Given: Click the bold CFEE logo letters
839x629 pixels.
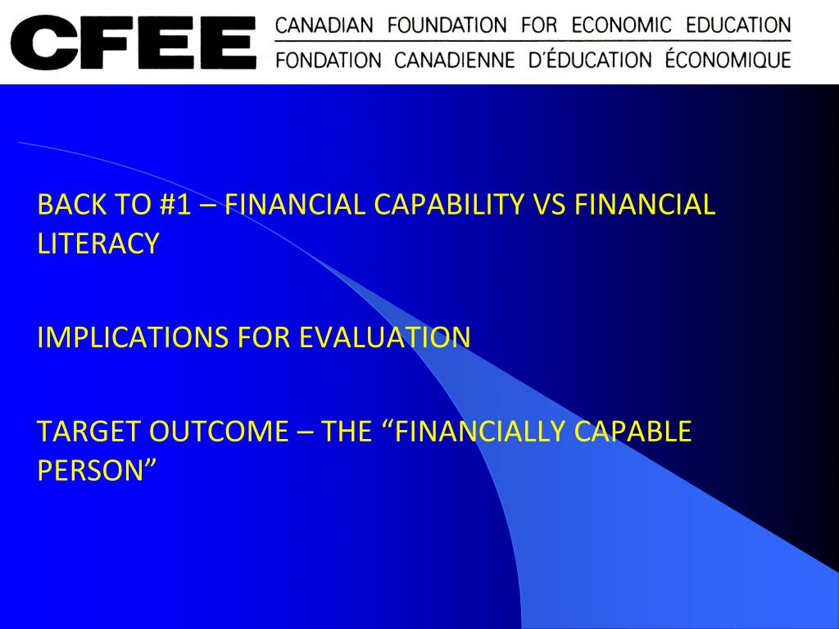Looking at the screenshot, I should [x=133, y=42].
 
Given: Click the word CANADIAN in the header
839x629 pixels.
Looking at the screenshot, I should [x=324, y=25].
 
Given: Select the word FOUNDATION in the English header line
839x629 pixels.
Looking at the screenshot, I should [x=447, y=25].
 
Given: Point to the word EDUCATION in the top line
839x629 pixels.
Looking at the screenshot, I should [x=738, y=25].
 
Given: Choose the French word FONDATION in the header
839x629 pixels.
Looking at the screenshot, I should [x=329, y=60].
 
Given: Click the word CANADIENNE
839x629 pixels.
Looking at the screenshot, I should [x=455, y=60].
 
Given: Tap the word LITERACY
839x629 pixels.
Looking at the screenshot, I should [x=98, y=243].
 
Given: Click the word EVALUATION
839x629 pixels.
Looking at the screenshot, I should [x=384, y=337].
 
